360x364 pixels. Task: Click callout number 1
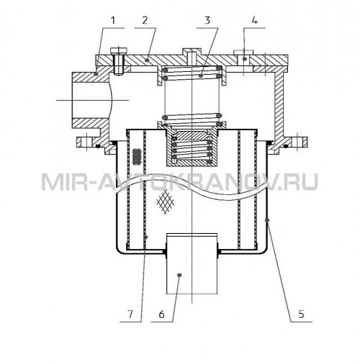coord(113,20)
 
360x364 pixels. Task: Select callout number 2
coord(145,20)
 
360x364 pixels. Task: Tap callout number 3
coord(207,20)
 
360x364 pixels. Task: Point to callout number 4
coord(255,20)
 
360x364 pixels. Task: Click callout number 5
coord(301,314)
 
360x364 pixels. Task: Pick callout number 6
coord(162,314)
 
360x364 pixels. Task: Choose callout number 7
coord(130,314)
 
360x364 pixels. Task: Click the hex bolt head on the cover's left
coord(119,51)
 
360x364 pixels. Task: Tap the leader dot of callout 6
coord(179,275)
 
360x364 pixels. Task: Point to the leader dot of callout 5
coord(267,219)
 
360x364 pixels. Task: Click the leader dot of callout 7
coord(146,237)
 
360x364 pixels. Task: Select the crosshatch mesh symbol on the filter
coord(166,201)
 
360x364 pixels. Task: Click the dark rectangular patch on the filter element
coord(137,157)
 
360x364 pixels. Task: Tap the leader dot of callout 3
coord(201,76)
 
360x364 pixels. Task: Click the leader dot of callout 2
coord(148,60)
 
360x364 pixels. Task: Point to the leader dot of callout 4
coord(244,59)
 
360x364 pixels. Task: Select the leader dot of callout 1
coord(96,74)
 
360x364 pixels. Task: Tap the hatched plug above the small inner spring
coord(192,135)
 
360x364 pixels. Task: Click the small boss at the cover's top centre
coord(192,52)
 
